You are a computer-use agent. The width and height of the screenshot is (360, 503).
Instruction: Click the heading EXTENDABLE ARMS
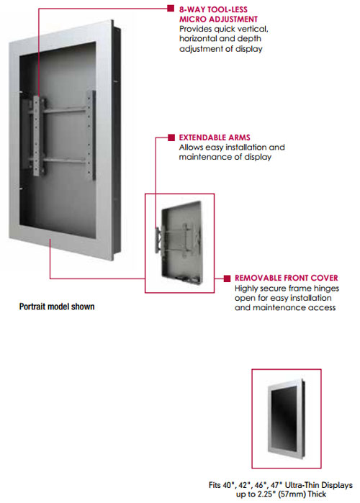click(215, 137)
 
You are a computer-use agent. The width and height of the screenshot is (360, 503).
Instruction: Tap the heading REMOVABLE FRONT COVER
click(287, 278)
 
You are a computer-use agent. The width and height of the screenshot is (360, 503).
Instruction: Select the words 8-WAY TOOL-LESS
click(213, 9)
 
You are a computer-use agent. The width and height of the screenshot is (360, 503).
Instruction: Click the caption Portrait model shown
click(57, 307)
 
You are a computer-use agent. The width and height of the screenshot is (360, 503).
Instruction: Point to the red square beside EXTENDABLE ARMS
click(171, 137)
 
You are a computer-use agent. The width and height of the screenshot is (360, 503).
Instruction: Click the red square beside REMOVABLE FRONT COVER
click(228, 278)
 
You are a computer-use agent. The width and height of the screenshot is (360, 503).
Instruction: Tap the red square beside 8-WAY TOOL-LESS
click(171, 9)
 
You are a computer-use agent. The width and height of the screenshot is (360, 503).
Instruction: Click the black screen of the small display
click(284, 418)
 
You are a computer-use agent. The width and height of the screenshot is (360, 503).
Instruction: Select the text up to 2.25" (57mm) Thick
click(281, 494)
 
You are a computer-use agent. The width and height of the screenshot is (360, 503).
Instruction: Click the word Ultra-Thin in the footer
click(301, 485)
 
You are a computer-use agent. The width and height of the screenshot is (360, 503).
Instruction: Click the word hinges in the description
click(326, 289)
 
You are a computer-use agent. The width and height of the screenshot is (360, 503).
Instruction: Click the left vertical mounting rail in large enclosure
click(36, 136)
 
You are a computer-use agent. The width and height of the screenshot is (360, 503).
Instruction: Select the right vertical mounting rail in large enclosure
click(92, 135)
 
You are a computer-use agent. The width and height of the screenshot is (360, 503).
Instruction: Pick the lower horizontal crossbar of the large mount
click(64, 160)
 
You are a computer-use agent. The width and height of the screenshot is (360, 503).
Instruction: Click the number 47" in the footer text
click(276, 485)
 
